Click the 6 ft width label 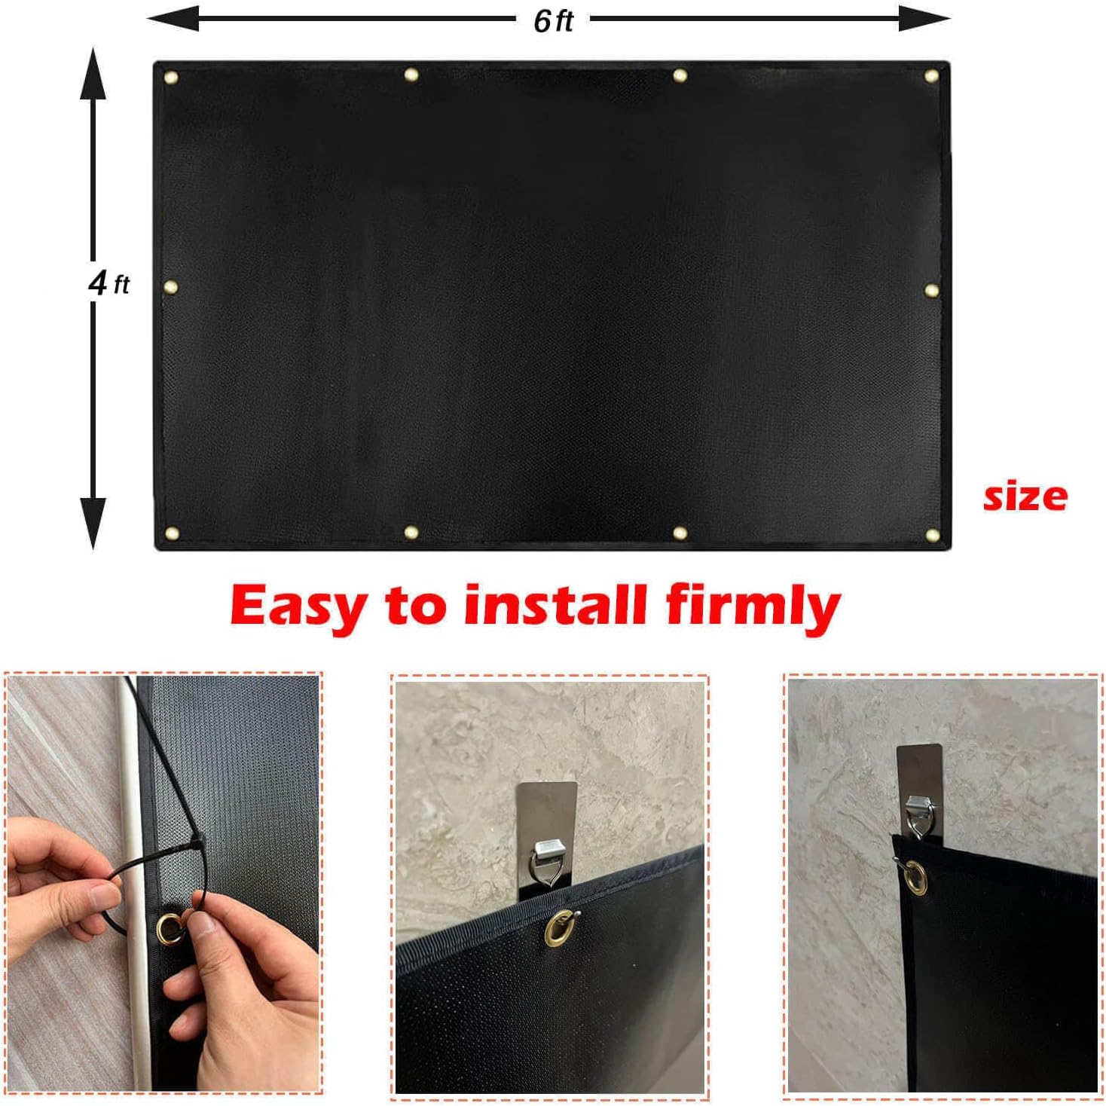553,20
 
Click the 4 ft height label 108,283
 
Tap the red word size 1025,496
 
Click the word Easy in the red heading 298,606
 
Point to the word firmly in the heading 753,606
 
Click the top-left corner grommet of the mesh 171,77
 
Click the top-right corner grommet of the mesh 931,76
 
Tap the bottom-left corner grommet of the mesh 171,533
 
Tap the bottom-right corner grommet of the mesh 932,536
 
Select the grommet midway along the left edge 170,287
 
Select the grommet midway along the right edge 931,290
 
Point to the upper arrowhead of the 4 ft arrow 93,73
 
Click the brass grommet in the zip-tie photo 170,926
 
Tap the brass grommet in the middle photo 559,927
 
